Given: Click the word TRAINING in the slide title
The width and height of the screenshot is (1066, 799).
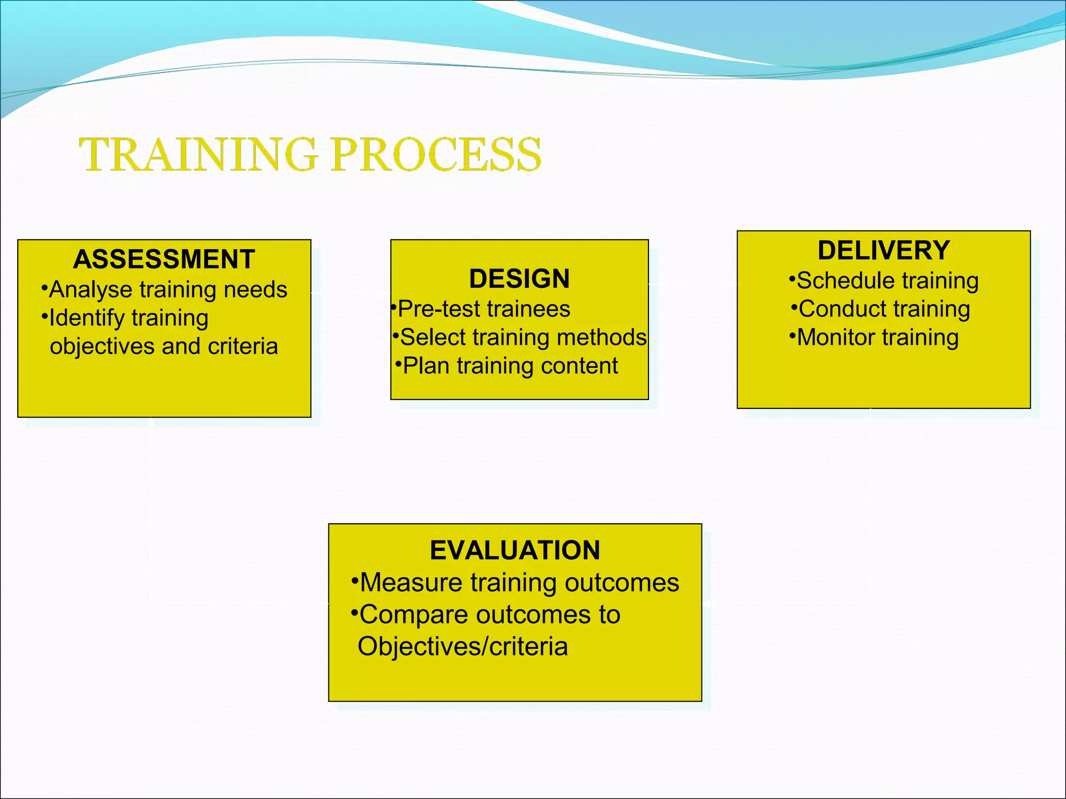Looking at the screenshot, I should pos(198,154).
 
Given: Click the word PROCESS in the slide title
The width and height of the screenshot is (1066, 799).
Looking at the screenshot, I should pos(436,154).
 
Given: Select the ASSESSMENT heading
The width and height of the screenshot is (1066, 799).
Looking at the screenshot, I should pos(164,259).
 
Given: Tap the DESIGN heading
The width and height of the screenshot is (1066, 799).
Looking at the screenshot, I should pos(519,279).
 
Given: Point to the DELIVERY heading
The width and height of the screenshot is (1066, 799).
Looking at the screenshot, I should pos(883,250).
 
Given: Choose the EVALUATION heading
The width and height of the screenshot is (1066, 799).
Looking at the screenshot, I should pos(515,550).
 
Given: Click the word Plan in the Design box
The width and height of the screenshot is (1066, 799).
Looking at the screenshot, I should pos(426,366).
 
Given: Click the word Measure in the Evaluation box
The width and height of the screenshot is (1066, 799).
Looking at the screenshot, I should pos(411,583).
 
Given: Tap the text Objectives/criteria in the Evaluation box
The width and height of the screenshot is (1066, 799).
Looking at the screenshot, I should pos(462,647).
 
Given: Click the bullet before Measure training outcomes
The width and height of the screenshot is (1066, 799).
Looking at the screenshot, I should pos(354,581).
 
